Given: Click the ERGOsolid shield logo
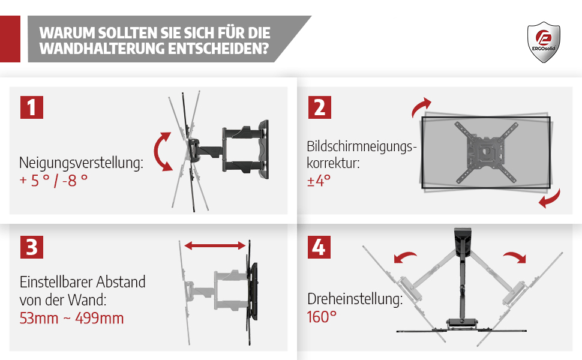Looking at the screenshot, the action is click(x=544, y=42).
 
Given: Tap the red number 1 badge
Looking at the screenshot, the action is click(x=32, y=107).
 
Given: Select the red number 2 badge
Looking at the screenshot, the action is click(x=320, y=107).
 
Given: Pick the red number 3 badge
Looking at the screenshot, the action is click(x=32, y=247).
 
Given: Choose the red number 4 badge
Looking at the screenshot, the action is click(x=319, y=247).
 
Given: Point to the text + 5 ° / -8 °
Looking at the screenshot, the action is click(x=54, y=181).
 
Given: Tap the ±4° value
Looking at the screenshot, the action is click(x=319, y=181).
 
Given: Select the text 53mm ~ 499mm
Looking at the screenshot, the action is click(x=71, y=319).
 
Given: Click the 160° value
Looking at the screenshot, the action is click(x=322, y=317).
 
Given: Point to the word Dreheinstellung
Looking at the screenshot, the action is click(x=355, y=299).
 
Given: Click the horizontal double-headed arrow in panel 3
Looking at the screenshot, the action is click(x=215, y=245).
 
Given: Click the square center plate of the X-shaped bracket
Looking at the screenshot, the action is click(x=485, y=152).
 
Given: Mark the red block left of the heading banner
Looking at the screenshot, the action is click(x=10, y=39).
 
